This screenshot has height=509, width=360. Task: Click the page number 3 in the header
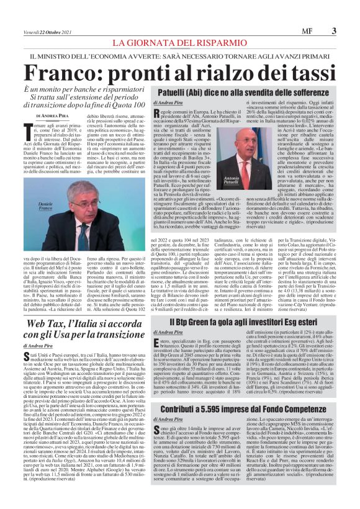tap(334, 29)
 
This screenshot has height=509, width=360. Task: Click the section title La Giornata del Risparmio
tap(179, 43)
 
